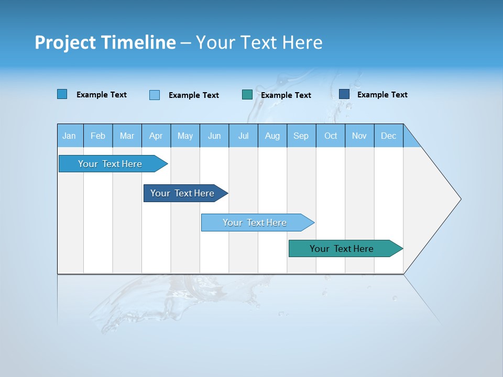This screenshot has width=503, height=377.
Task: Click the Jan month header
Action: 69,136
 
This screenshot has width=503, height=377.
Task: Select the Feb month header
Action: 98,136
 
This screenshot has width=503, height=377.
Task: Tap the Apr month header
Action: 156,136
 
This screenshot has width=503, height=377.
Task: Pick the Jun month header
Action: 214,136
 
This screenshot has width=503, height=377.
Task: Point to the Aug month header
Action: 272,136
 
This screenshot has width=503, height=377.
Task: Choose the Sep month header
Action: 301,136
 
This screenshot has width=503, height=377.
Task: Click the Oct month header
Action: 331,136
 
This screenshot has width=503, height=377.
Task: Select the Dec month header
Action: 389,136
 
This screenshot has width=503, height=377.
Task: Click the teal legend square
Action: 247,95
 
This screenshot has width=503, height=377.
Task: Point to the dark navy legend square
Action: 344,94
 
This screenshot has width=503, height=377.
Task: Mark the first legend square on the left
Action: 62,94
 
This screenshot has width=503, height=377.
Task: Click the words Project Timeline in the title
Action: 105,42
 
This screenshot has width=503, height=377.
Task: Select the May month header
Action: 185,136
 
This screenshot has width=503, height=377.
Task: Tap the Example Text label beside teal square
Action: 286,95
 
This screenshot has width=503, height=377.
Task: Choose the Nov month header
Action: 359,136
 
